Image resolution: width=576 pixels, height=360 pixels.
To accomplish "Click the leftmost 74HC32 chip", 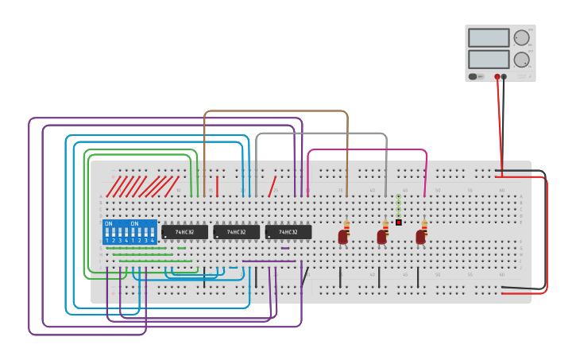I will [184, 232].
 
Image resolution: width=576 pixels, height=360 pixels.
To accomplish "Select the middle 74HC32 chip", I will [236, 232].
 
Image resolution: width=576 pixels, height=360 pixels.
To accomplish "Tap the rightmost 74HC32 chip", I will [288, 232].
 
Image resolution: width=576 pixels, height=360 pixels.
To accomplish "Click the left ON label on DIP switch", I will [109, 223].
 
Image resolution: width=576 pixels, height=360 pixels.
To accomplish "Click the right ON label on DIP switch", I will [134, 223].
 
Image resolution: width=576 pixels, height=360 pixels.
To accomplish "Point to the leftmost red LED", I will [342, 237].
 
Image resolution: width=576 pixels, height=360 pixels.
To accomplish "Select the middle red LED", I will [381, 237].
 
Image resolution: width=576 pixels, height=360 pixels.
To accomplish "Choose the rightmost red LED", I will [420, 237].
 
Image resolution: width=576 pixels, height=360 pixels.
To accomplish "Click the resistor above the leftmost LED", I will [346, 224].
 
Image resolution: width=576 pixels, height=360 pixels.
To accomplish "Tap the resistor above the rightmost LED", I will [423, 224].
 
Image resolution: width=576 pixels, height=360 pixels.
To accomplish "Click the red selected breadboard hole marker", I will [399, 223].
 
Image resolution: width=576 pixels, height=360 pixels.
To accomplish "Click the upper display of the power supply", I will [489, 37].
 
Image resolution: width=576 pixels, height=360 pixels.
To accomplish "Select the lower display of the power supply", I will [489, 59].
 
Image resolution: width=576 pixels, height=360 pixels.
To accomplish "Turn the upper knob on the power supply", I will [521, 37].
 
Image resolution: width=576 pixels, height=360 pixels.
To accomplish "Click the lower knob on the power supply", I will [521, 60].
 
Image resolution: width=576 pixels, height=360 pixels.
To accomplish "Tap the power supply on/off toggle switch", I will [474, 76].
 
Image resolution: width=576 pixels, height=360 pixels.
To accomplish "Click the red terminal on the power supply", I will [497, 77].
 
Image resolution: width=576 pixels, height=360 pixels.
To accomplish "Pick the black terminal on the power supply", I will [504, 77].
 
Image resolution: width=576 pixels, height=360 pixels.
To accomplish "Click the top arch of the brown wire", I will [276, 111].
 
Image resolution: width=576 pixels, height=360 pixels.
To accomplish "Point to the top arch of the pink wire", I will [367, 149].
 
